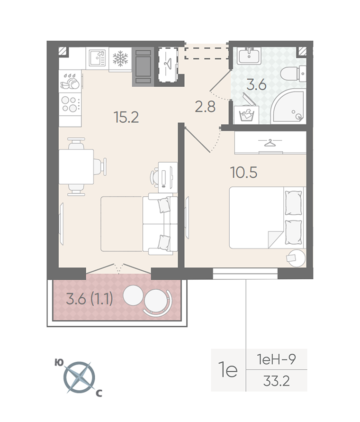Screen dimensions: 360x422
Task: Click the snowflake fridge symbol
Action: (120, 59)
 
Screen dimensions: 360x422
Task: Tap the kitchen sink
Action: (97, 58)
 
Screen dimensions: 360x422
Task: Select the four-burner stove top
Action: (70, 104)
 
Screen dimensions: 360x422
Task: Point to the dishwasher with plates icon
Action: (70, 81)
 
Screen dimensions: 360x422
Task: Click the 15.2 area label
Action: (126, 118)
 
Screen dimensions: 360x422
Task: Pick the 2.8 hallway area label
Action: (205, 107)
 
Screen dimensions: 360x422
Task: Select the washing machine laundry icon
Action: (246, 115)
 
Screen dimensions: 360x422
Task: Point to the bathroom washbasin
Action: (249, 56)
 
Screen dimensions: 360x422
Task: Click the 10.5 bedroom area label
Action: (244, 173)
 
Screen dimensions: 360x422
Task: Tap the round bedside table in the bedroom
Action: (296, 258)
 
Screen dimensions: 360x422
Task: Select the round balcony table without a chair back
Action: (133, 295)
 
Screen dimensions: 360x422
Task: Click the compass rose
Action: (80, 376)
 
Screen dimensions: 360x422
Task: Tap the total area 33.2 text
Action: (276, 381)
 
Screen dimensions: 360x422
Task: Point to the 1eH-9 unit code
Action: (276, 359)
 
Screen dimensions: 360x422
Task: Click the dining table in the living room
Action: (76, 167)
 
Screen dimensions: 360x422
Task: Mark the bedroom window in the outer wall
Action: (245, 274)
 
